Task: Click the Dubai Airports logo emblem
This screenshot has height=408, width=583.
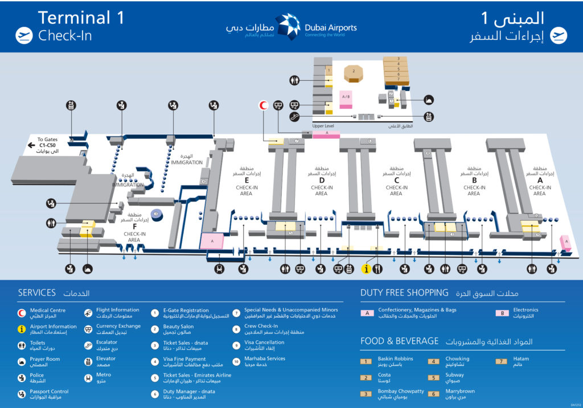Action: point(288,27)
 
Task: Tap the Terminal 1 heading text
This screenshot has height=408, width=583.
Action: point(81,18)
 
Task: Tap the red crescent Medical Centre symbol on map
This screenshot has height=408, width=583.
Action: point(263,105)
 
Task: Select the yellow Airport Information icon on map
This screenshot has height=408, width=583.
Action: point(367,269)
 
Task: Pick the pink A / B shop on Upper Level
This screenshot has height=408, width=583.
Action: point(346,97)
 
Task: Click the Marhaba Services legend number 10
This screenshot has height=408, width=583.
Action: point(236,361)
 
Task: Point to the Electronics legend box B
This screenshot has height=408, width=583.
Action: point(502,312)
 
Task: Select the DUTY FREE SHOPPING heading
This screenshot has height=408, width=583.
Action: point(404,292)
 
